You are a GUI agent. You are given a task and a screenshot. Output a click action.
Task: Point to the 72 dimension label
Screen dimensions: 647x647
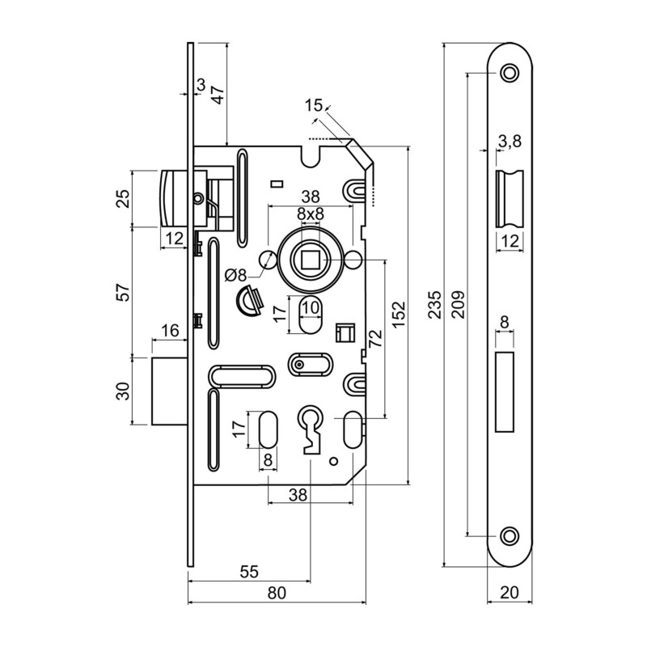coord(374,339)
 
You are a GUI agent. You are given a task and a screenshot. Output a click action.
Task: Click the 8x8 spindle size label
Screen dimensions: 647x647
coord(310,214)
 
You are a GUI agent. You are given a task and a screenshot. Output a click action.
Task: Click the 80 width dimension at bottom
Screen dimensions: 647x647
coord(277,593)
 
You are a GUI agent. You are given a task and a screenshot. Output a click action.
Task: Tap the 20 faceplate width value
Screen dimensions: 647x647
coord(510,593)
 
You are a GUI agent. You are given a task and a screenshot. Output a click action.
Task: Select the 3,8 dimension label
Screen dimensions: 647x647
coord(510,142)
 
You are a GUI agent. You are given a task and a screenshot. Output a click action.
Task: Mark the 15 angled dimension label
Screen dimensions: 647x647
coord(314,105)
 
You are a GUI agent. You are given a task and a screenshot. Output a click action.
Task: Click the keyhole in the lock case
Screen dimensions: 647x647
coord(311,425)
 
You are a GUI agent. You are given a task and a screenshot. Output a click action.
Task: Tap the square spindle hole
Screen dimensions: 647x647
coord(310,259)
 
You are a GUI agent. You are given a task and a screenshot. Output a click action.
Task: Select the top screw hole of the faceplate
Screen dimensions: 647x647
coord(509,73)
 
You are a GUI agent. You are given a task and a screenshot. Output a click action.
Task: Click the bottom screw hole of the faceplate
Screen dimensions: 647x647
coord(509,535)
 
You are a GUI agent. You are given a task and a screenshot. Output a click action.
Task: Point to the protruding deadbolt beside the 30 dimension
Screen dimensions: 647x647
coord(171,391)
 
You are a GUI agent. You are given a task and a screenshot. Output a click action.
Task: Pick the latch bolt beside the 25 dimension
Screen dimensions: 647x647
coord(175,197)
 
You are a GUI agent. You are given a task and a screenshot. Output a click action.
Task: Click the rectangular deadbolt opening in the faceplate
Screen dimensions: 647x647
coord(505,391)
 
